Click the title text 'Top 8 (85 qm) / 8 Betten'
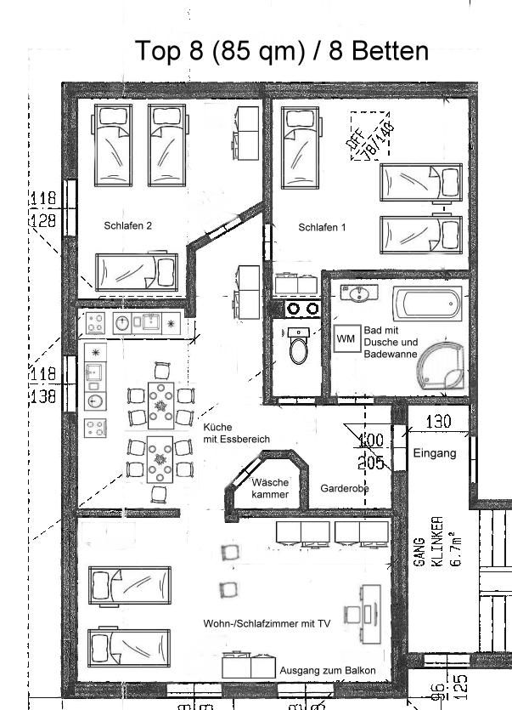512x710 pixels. click(282, 51)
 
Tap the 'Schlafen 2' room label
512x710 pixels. click(128, 226)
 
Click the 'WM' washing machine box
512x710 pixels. click(346, 338)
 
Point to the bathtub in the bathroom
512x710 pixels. click(427, 302)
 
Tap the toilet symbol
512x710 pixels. click(299, 346)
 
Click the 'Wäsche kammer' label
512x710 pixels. click(270, 488)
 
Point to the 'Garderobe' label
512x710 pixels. click(344, 489)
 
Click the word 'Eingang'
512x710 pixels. click(435, 453)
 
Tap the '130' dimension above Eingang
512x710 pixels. click(437, 422)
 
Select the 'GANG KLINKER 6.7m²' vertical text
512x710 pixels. click(437, 544)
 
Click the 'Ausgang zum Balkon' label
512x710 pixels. click(328, 671)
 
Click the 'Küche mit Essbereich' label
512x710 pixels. click(236, 433)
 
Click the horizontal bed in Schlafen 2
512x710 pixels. click(136, 272)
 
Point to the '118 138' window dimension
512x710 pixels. click(42, 385)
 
